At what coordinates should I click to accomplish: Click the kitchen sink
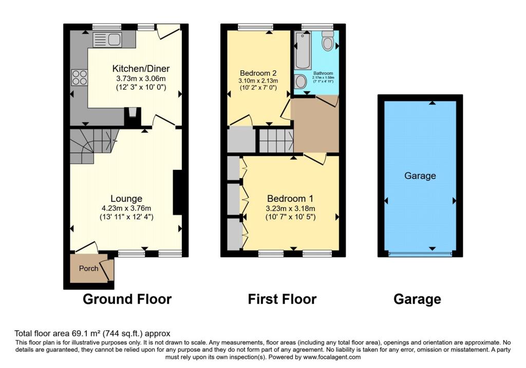tap(107, 40)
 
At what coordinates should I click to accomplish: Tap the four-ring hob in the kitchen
tap(80, 78)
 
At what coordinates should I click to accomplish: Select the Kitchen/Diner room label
tap(141, 69)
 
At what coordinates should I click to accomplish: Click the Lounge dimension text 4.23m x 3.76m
tap(126, 208)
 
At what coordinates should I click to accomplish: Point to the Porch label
tap(88, 268)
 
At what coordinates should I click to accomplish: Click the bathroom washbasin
tap(300, 81)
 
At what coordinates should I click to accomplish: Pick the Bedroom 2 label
tap(258, 73)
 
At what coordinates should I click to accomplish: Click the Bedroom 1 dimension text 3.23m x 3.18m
tap(291, 208)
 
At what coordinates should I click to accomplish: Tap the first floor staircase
tap(276, 141)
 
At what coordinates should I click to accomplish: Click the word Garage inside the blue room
tap(420, 176)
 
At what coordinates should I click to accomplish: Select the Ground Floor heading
tap(127, 299)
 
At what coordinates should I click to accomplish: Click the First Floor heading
tap(282, 299)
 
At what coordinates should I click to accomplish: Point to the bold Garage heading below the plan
tap(417, 299)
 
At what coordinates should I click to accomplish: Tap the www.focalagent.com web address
tap(332, 357)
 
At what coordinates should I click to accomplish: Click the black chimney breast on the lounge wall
tap(177, 192)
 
